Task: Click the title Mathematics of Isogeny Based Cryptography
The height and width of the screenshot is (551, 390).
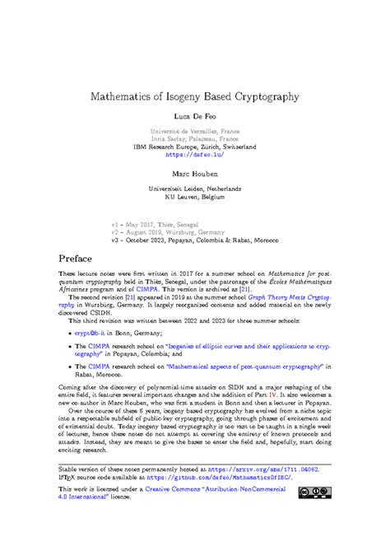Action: [195, 96]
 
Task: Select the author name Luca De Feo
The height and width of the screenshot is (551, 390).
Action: [195, 119]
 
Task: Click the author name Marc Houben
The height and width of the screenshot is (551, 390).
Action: [195, 175]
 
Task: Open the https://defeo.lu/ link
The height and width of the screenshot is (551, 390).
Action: [195, 154]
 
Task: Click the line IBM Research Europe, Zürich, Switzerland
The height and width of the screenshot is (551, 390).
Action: [195, 146]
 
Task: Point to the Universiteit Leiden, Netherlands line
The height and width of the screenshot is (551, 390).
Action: [195, 189]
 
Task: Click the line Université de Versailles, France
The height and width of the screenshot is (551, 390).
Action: [195, 130]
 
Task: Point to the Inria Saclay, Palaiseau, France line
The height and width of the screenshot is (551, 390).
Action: [195, 138]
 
